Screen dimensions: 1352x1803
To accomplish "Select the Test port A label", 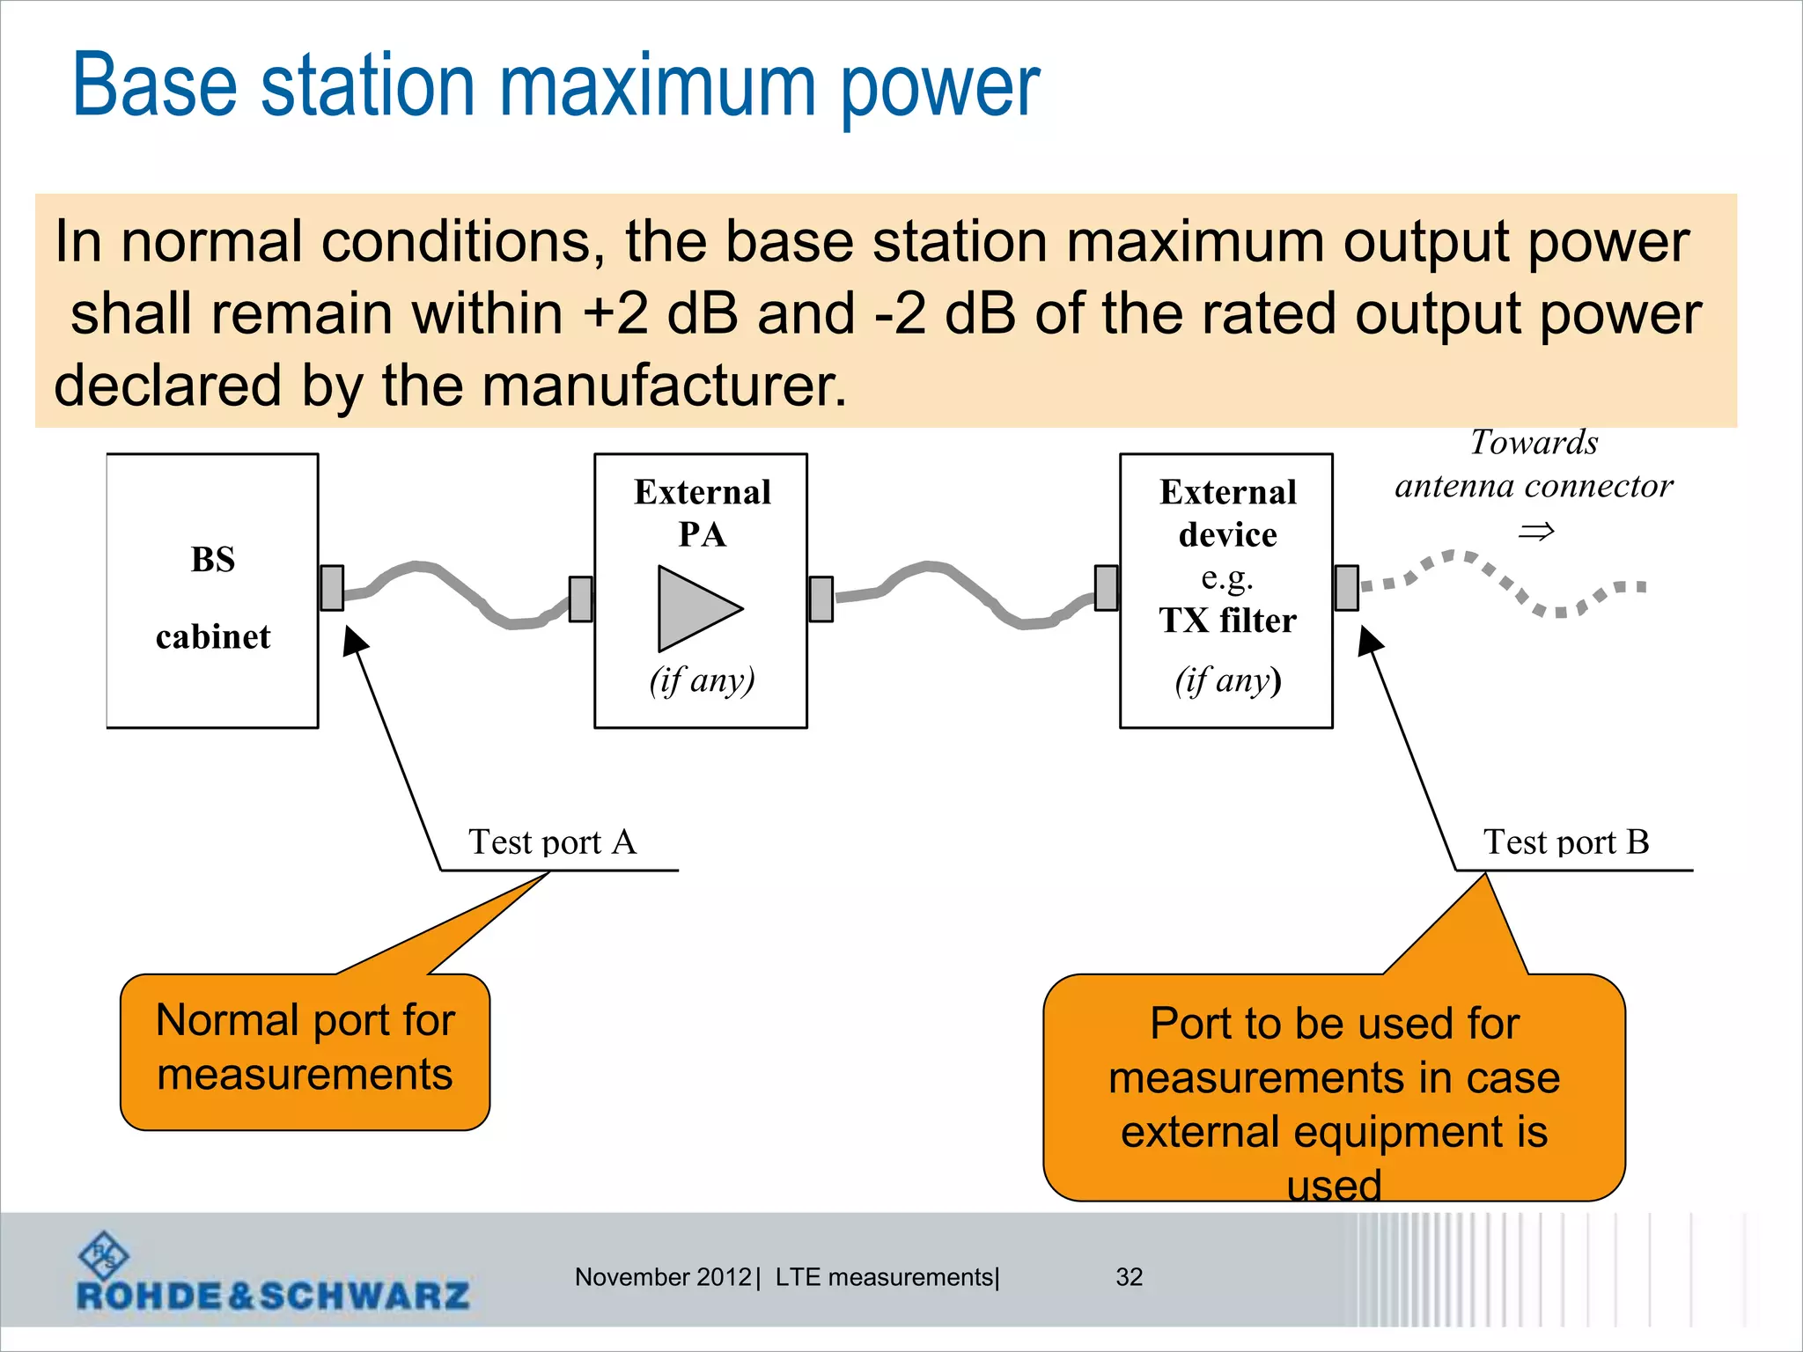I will tap(552, 842).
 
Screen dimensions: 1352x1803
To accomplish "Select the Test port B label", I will tap(1565, 842).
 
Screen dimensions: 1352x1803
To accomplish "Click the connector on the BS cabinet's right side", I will tap(332, 588).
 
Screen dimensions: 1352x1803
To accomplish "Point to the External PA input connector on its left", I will tap(580, 599).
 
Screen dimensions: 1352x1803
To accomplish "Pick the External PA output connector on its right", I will tap(821, 599).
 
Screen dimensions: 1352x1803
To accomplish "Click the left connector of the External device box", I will tap(1106, 588).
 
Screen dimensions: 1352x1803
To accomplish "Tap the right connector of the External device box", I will tap(1346, 588).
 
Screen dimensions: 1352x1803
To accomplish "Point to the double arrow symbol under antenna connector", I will tap(1536, 532).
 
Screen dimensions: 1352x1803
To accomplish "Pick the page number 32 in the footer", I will tap(1129, 1277).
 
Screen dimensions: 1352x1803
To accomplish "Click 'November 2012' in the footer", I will tap(662, 1277).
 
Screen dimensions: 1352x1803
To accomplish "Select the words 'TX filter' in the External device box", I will tap(1227, 621).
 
